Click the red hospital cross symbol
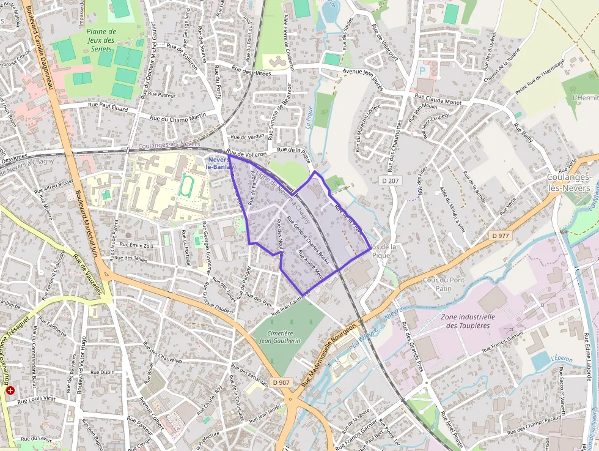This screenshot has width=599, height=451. [10, 390]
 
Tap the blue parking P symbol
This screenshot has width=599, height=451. [422, 72]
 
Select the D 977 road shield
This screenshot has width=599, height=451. [501, 235]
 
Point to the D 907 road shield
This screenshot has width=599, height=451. [281, 382]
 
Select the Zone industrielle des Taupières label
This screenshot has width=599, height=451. [468, 321]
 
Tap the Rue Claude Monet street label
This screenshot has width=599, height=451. [438, 102]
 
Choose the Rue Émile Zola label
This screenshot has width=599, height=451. [140, 245]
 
